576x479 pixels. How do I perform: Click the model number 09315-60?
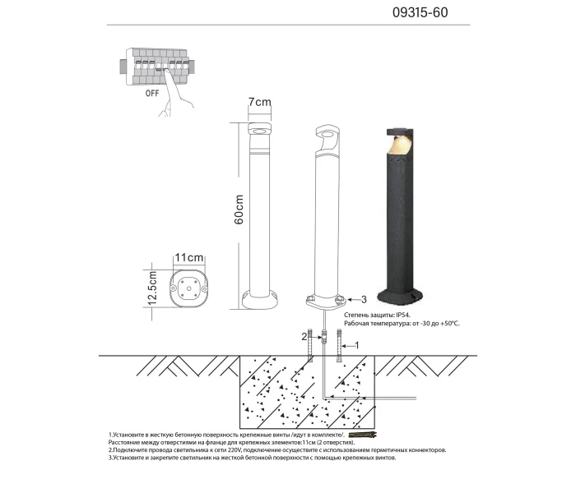422,14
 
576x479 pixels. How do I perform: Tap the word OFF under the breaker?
152,94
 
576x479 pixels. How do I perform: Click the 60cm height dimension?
239,210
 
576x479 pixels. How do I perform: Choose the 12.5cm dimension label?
151,290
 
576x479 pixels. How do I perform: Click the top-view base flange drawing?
188,288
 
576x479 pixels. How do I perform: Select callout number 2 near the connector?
304,336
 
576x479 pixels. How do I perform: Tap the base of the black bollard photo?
401,295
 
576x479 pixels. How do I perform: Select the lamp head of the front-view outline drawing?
259,132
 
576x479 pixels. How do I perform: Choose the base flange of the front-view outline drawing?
259,297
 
